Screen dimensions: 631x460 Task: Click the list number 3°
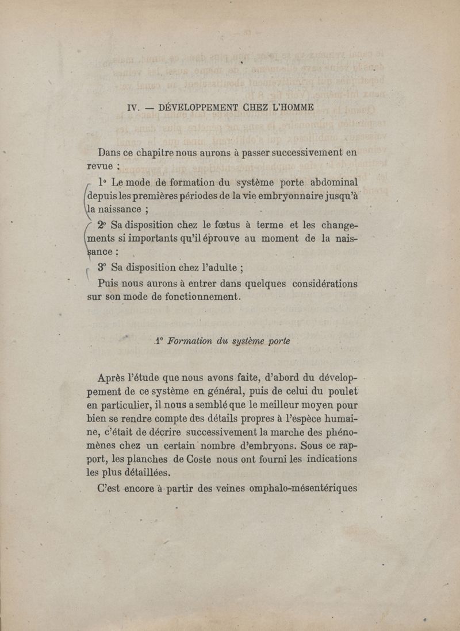pos(103,267)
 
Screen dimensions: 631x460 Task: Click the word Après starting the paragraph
pos(116,378)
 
